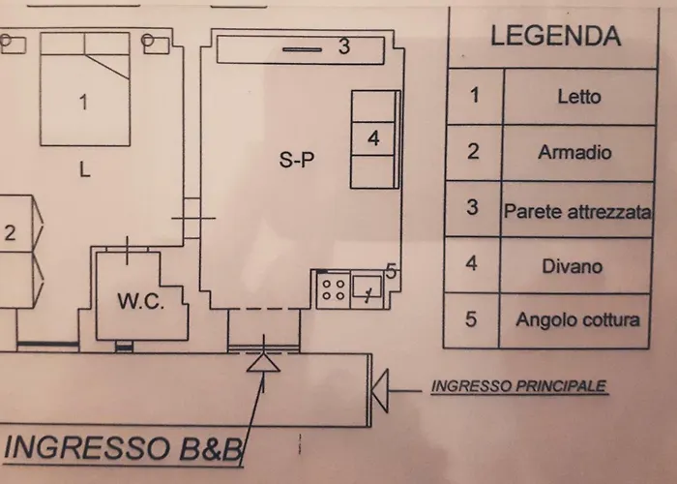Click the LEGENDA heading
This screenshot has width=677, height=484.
[556, 36]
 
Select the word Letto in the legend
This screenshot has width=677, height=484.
[579, 97]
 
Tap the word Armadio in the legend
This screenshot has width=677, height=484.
[574, 153]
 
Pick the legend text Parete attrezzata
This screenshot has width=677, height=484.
[577, 211]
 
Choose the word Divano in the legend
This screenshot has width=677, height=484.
[573, 266]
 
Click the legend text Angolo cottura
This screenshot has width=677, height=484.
[577, 319]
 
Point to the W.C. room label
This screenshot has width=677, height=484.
[141, 301]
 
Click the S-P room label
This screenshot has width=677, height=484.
[297, 160]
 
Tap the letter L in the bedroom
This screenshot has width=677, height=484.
[85, 169]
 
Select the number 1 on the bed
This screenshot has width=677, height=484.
[83, 103]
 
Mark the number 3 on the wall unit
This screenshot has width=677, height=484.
[343, 46]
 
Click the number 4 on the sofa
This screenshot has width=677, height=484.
[373, 138]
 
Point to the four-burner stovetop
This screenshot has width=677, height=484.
[334, 290]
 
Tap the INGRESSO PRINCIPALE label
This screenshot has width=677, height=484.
[519, 386]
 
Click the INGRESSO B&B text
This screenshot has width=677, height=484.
[122, 448]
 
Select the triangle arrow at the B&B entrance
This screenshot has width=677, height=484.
[263, 363]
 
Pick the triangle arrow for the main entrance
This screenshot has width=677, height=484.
[380, 391]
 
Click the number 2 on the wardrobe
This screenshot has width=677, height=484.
[10, 233]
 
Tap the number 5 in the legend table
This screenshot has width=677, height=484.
[471, 319]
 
